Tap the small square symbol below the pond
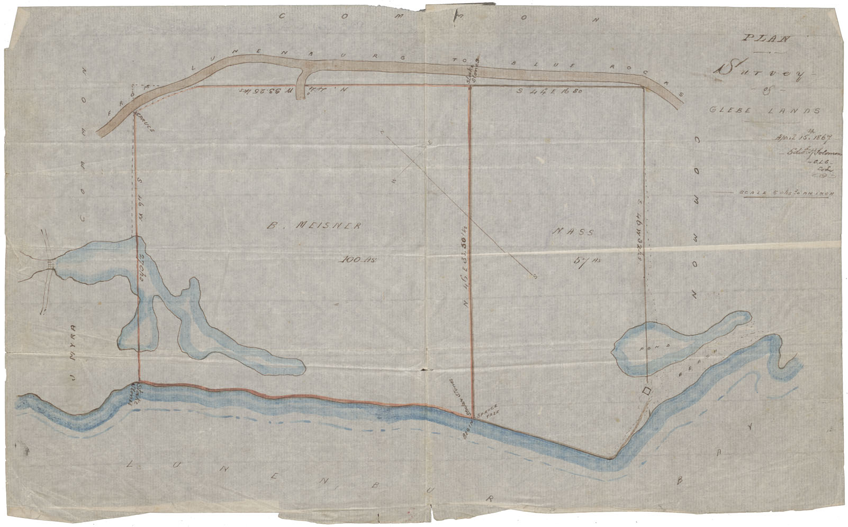[646, 391]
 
